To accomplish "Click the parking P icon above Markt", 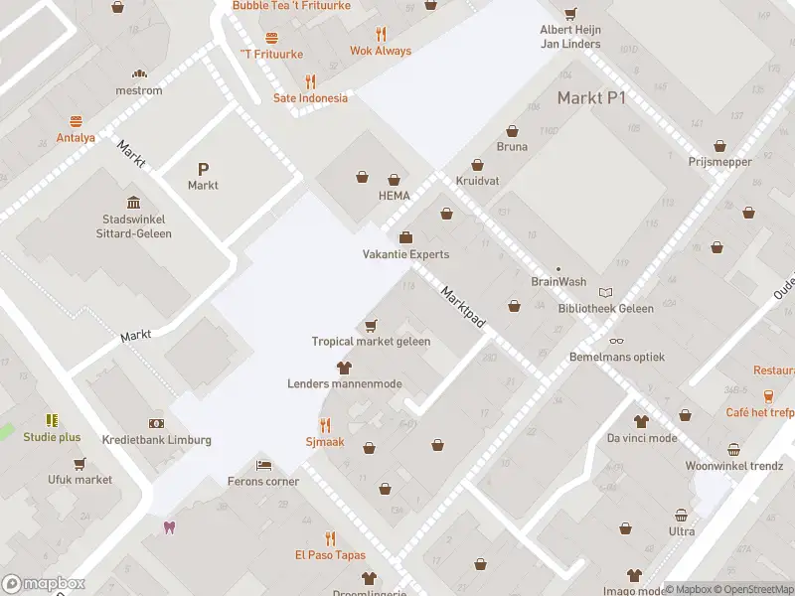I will click(x=203, y=169).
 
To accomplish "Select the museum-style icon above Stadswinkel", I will click(x=134, y=202).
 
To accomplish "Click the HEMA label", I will click(x=394, y=196).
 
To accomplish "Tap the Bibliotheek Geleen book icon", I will click(x=606, y=292).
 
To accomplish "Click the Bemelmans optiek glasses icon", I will click(x=616, y=341).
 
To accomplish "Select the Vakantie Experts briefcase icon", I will click(x=405, y=237).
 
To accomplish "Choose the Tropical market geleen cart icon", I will click(x=371, y=325).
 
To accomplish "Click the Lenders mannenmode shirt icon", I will click(x=344, y=368).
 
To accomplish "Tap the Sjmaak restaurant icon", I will click(x=324, y=425).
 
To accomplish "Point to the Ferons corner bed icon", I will click(x=262, y=465).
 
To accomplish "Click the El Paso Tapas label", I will click(x=330, y=555).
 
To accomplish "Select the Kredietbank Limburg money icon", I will click(x=156, y=423).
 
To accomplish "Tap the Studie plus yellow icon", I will click(x=52, y=421).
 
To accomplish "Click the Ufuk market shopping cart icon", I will click(x=79, y=463).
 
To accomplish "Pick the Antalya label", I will click(x=76, y=138).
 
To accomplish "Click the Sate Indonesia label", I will click(x=311, y=98).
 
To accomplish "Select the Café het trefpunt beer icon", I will click(x=768, y=396).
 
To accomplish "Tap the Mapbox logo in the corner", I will click(x=44, y=584).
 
